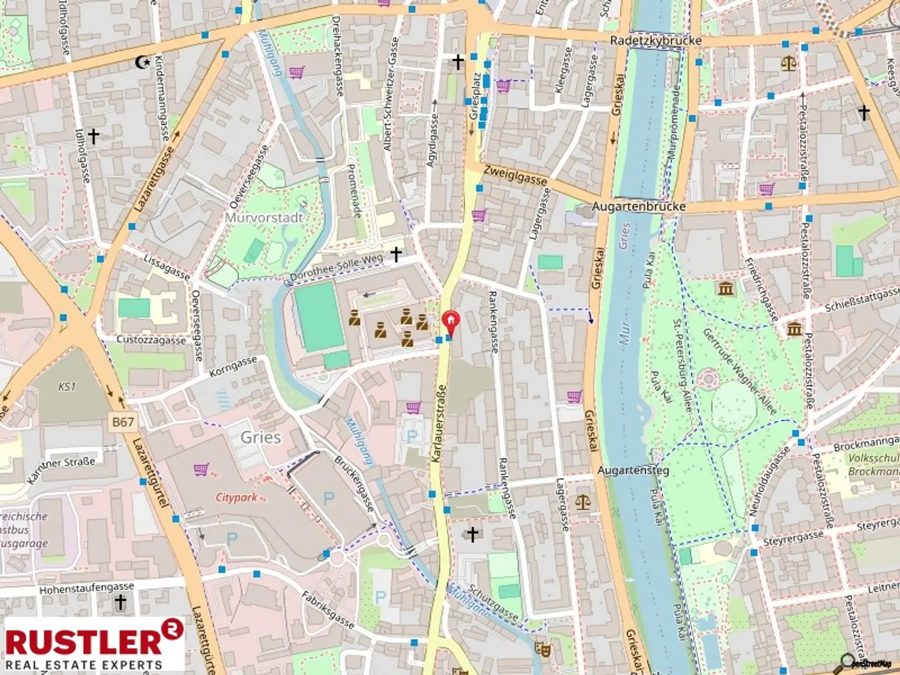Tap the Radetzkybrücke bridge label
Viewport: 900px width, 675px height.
coord(655,40)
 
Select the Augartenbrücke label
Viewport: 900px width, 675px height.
coord(638,207)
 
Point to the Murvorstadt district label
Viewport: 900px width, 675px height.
coord(264,217)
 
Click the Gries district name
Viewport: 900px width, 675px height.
coord(260,437)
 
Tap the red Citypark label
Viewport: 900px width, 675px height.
coord(236,497)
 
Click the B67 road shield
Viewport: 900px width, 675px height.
coord(123,421)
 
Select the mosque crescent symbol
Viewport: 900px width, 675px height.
coord(141,61)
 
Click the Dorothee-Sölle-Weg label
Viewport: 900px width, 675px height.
coord(337,267)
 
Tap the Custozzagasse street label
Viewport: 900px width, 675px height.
coord(151,340)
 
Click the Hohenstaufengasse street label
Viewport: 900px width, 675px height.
coord(87,588)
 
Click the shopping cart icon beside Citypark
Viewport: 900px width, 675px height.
coord(200,469)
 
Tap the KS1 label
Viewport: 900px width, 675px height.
coord(67,387)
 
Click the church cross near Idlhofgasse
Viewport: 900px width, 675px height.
coord(93,136)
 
